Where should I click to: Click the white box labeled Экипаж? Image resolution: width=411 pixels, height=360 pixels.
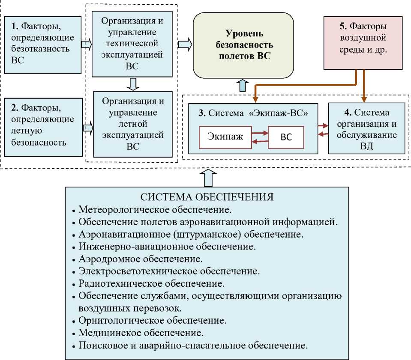pos(225,137)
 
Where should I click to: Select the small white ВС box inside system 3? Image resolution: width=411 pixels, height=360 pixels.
pos(286,137)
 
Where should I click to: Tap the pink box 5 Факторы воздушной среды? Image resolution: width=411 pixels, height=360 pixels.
pos(363,43)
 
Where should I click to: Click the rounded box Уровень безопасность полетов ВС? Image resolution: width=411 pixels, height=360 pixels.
pos(243,45)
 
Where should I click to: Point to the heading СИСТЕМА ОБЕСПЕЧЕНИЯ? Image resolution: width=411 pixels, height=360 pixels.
pos(207,197)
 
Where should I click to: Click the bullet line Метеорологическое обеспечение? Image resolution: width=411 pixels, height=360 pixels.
pos(155,209)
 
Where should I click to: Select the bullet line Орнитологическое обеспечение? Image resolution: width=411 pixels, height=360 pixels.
pos(153,321)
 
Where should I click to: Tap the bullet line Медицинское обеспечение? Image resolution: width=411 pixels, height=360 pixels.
pos(141,333)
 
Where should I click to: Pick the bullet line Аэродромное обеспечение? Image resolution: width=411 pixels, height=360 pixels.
pos(141,259)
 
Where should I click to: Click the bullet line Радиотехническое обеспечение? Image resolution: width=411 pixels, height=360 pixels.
pos(152,283)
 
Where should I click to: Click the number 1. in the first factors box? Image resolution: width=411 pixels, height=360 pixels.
pos(15,26)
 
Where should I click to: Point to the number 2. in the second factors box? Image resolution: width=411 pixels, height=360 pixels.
pos(15,107)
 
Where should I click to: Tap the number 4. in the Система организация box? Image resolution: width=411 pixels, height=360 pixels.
pos(348,112)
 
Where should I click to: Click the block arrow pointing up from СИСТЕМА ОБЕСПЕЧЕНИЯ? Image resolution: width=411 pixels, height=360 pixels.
pos(208,178)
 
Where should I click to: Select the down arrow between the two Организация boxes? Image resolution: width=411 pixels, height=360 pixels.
pos(133,84)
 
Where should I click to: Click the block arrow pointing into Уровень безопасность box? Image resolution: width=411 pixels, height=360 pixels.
pos(185,44)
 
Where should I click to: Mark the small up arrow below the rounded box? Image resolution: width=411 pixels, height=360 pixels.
pos(243,86)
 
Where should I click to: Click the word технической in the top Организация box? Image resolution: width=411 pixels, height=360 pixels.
pos(132,44)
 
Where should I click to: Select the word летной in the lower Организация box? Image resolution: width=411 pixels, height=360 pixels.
pos(132,124)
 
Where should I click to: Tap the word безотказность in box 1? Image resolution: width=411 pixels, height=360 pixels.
pos(40,49)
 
